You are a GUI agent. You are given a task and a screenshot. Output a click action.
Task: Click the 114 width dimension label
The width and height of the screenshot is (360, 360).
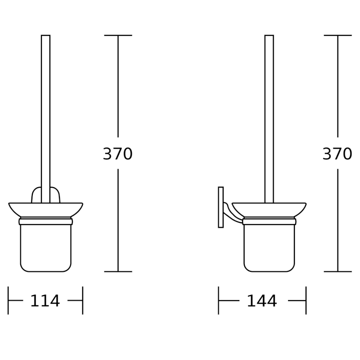tap(45, 301)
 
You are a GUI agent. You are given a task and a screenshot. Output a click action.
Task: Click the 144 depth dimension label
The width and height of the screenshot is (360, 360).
tap(262, 301)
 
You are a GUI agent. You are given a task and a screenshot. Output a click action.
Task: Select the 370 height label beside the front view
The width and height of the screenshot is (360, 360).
tap(118, 154)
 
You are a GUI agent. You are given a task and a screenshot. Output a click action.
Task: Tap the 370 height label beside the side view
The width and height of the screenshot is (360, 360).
tap(337, 154)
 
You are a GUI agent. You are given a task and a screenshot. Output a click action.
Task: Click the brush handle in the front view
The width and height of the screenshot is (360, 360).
tap(45, 112)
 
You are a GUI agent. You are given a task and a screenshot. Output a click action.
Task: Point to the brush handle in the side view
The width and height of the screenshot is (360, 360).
tap(269, 112)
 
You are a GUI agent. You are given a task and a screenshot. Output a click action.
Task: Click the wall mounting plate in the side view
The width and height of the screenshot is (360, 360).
tap(220, 207)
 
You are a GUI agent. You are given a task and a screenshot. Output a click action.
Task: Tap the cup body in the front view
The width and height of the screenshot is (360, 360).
tap(45, 247)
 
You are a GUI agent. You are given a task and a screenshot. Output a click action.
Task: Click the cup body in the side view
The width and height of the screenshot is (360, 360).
tap(269, 247)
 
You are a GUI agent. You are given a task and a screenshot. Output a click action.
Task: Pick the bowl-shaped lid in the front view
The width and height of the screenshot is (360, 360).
tap(45, 210)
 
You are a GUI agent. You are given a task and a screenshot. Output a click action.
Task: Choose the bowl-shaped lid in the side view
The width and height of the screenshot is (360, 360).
tap(269, 210)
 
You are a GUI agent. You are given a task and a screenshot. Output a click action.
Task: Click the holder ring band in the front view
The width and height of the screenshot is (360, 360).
tap(45, 221)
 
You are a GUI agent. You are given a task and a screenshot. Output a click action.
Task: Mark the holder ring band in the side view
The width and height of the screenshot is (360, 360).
tap(269, 221)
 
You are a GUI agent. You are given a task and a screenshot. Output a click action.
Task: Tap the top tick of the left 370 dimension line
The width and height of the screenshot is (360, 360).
tap(118, 35)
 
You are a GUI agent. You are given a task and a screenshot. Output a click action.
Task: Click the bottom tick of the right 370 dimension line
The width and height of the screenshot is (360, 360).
tap(337, 271)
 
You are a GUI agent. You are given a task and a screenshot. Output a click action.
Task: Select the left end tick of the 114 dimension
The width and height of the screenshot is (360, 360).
tap(9, 301)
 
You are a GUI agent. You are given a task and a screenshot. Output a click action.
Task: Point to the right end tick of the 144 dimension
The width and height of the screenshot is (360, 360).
tap(306, 301)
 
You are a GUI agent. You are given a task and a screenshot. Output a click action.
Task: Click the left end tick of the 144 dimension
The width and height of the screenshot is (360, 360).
tap(219, 301)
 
